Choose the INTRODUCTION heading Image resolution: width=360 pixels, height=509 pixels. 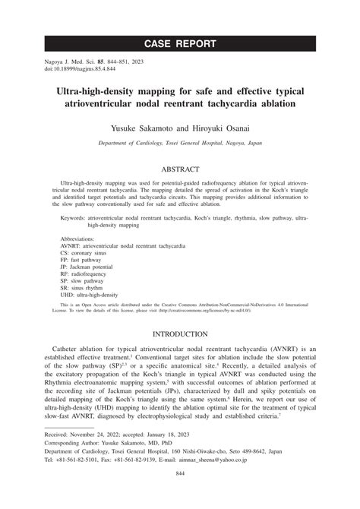click(x=180, y=334)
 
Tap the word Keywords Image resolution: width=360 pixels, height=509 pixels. click(x=74, y=217)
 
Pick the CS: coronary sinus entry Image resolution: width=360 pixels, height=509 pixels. click(x=87, y=254)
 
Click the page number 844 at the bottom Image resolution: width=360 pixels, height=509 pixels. click(x=180, y=495)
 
